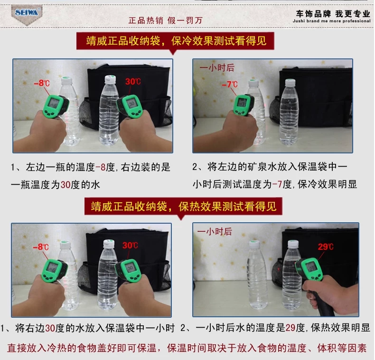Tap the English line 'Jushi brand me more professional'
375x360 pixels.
pos(331,21)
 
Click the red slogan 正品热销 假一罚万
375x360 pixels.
pos(166,20)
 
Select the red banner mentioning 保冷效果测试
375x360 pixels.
pos(175,41)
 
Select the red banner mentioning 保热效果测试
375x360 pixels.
pos(183,206)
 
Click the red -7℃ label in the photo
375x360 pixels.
pos(230,85)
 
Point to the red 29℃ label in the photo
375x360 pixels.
pos(326,246)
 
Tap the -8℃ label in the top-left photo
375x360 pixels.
pos(42,83)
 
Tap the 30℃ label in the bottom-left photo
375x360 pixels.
pos(130,246)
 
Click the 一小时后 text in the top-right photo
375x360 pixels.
pos(217,68)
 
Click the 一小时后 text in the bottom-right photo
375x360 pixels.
pos(215,231)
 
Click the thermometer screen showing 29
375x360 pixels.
pos(312,267)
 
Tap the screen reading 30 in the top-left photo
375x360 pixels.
pos(131,104)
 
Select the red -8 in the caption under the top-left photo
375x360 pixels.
pos(101,167)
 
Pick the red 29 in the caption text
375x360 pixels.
pos(291,328)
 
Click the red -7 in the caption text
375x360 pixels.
pos(277,185)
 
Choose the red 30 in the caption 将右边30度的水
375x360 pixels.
pos(50,328)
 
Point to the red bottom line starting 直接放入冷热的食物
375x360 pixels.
pos(187,348)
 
